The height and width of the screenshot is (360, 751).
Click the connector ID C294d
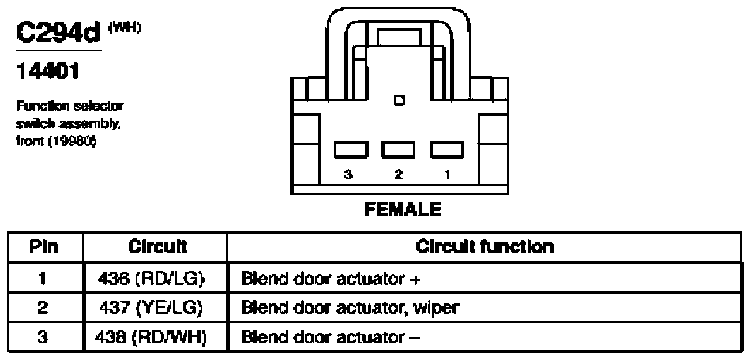58,35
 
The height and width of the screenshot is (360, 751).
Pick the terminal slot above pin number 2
397,149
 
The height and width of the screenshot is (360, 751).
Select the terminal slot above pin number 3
350,149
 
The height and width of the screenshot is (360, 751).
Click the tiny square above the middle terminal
398,100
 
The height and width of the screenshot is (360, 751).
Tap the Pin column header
44,246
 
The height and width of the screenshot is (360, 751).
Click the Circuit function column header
485,246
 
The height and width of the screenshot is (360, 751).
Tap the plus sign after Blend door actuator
415,278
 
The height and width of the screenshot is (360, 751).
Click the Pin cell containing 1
44,277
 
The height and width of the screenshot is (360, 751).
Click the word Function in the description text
37,105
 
